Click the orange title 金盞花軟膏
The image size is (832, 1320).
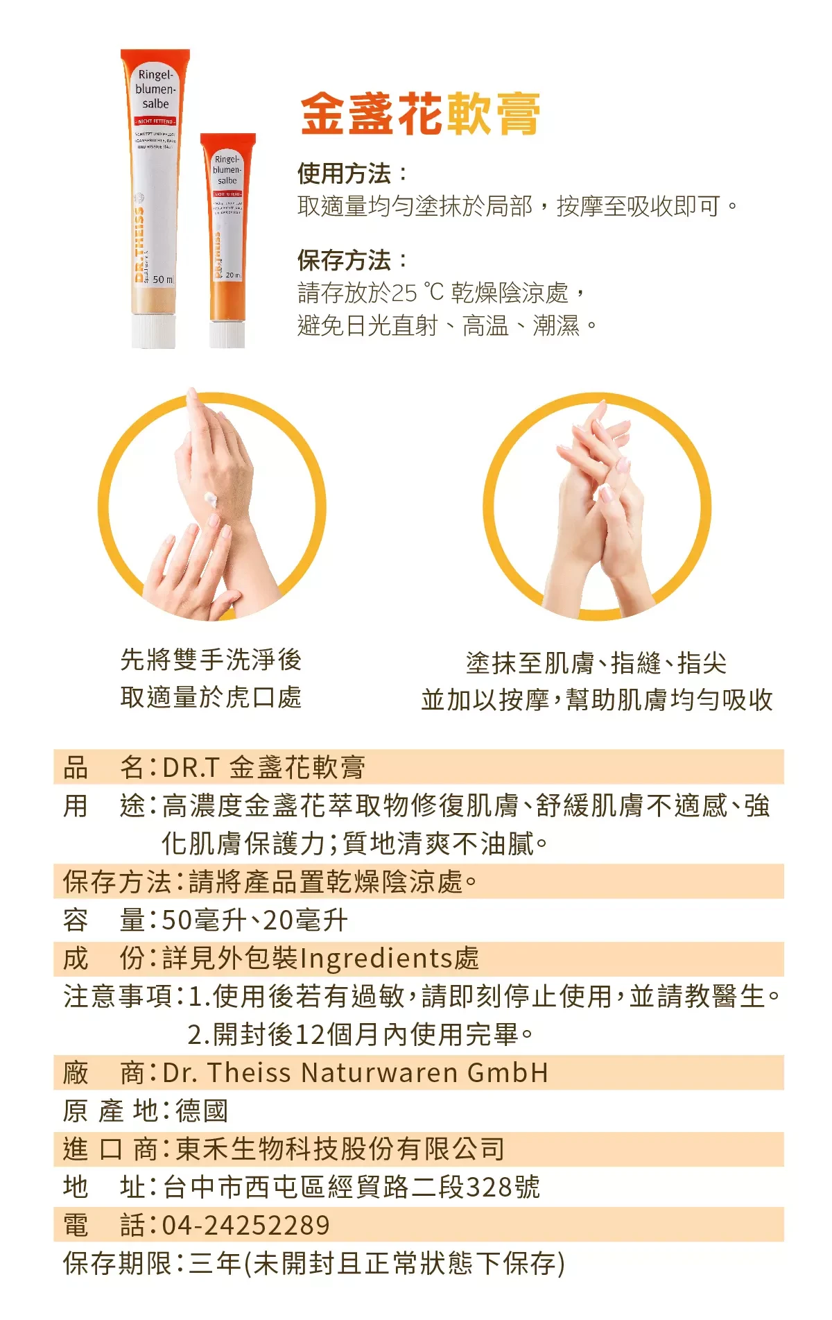pyautogui.click(x=420, y=114)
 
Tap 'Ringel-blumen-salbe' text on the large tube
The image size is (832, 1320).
pyautogui.click(x=155, y=89)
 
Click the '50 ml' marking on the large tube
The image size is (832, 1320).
pyautogui.click(x=163, y=279)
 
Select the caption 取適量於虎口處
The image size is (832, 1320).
pyautogui.click(x=211, y=697)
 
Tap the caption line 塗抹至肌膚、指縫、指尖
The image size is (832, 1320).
pyautogui.click(x=596, y=663)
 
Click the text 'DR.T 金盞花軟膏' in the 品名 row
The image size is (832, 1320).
pyautogui.click(x=263, y=767)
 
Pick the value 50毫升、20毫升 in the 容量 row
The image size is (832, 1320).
pyautogui.click(x=254, y=920)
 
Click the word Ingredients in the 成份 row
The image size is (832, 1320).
pyautogui.click(x=376, y=959)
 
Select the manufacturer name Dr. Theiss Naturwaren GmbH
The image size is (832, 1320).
pyautogui.click(x=355, y=1073)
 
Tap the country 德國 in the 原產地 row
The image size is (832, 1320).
pyautogui.click(x=202, y=1111)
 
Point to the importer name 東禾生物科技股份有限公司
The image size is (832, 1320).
pyautogui.click(x=340, y=1149)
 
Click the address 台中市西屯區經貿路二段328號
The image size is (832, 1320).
pyautogui.click(x=351, y=1188)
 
